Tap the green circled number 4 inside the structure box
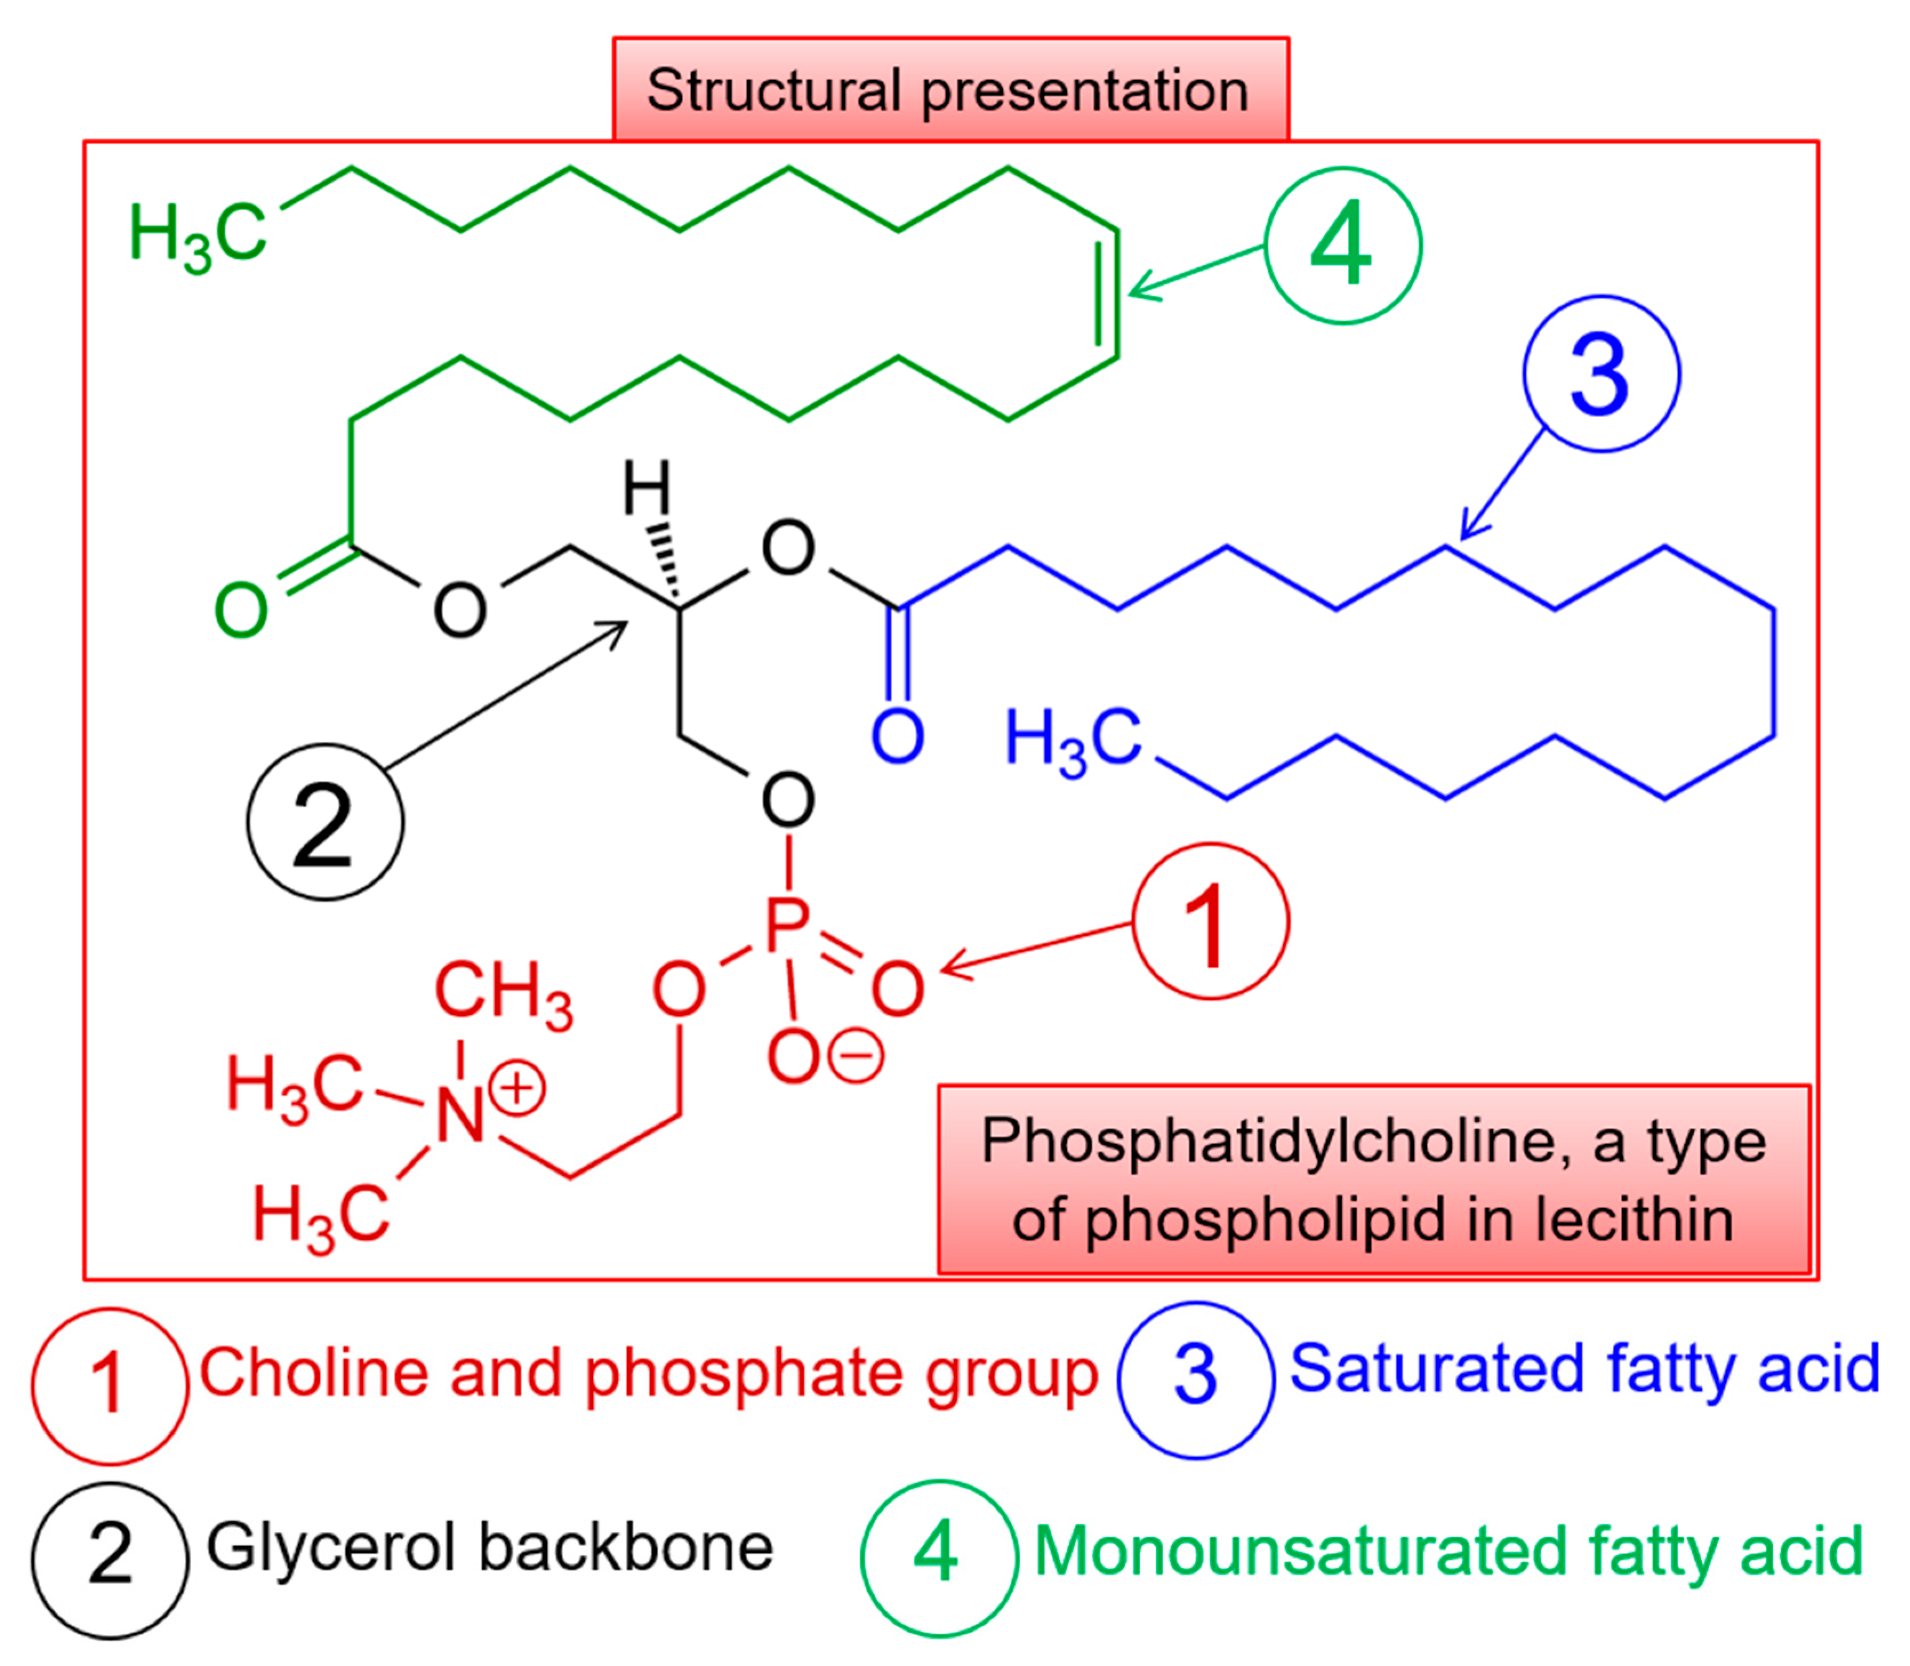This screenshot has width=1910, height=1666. (1342, 246)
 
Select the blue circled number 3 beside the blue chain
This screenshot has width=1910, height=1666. (1600, 374)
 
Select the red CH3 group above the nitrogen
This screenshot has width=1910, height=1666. (503, 993)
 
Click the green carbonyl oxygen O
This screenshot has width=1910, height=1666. (241, 611)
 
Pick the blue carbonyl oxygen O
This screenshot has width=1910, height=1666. (896, 737)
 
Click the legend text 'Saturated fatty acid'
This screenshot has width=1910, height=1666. (1584, 1370)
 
